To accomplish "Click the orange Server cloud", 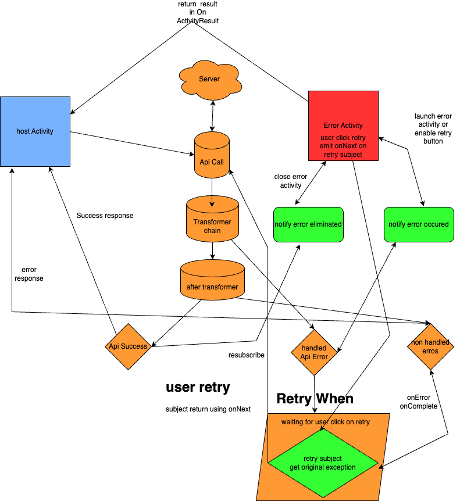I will [x=210, y=80].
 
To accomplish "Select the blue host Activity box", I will [x=35, y=131].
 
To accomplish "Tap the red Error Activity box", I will [x=343, y=126].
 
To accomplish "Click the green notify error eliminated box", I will [x=308, y=224].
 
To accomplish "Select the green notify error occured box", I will [x=419, y=224].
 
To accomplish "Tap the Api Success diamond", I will [x=128, y=346].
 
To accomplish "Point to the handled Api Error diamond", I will [x=314, y=352].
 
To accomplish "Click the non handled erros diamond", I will [x=430, y=346].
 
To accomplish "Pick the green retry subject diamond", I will [x=323, y=463].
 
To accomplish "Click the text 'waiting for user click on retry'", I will [x=326, y=422].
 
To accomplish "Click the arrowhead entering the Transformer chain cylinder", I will [x=212, y=204].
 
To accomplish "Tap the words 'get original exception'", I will [x=323, y=467].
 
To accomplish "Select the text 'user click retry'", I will [x=343, y=138].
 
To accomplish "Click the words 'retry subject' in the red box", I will [x=343, y=155].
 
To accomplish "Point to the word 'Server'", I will [x=209, y=79].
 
